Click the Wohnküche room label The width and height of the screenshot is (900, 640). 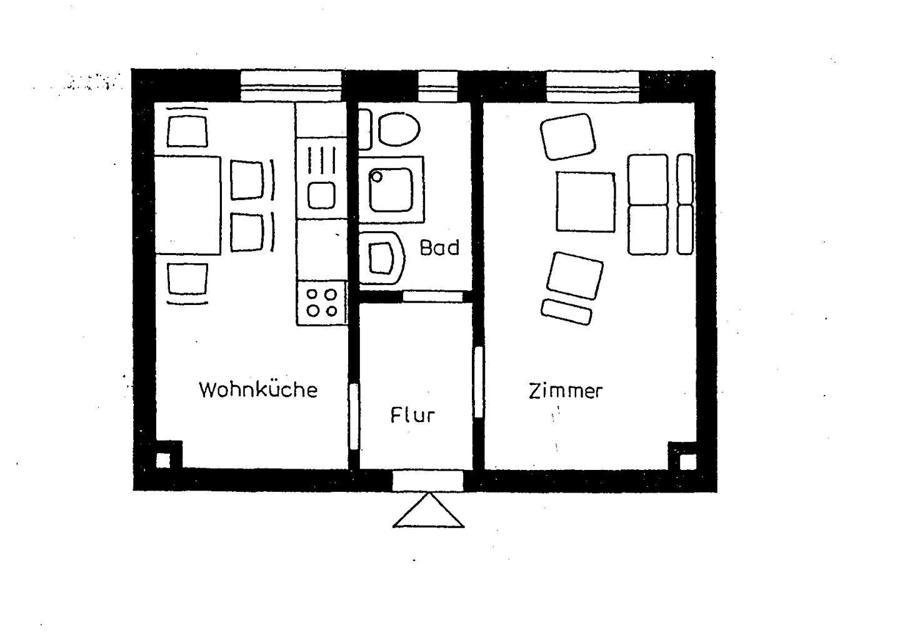(x=258, y=389)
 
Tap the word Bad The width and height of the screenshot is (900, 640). (x=439, y=247)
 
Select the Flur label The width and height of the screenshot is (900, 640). (x=412, y=414)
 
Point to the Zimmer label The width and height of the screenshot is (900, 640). (x=566, y=391)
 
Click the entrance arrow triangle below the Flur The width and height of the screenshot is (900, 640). (x=429, y=512)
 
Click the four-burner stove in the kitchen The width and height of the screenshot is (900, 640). (x=322, y=302)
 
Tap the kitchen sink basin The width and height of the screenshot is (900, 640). (x=322, y=194)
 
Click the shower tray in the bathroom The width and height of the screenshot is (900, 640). (x=391, y=189)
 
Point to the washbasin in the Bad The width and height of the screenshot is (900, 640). (x=382, y=258)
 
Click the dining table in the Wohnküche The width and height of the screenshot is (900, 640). (x=187, y=205)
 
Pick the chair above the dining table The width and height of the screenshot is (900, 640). (x=187, y=129)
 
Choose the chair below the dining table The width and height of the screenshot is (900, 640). (x=187, y=281)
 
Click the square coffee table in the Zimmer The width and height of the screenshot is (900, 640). (x=586, y=202)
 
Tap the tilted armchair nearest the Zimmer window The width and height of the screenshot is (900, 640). (x=567, y=136)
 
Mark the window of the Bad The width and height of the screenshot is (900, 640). (x=437, y=86)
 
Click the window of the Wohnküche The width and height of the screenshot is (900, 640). (x=291, y=86)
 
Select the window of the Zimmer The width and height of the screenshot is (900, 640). (x=592, y=86)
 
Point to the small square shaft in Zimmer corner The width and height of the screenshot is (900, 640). (x=687, y=461)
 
